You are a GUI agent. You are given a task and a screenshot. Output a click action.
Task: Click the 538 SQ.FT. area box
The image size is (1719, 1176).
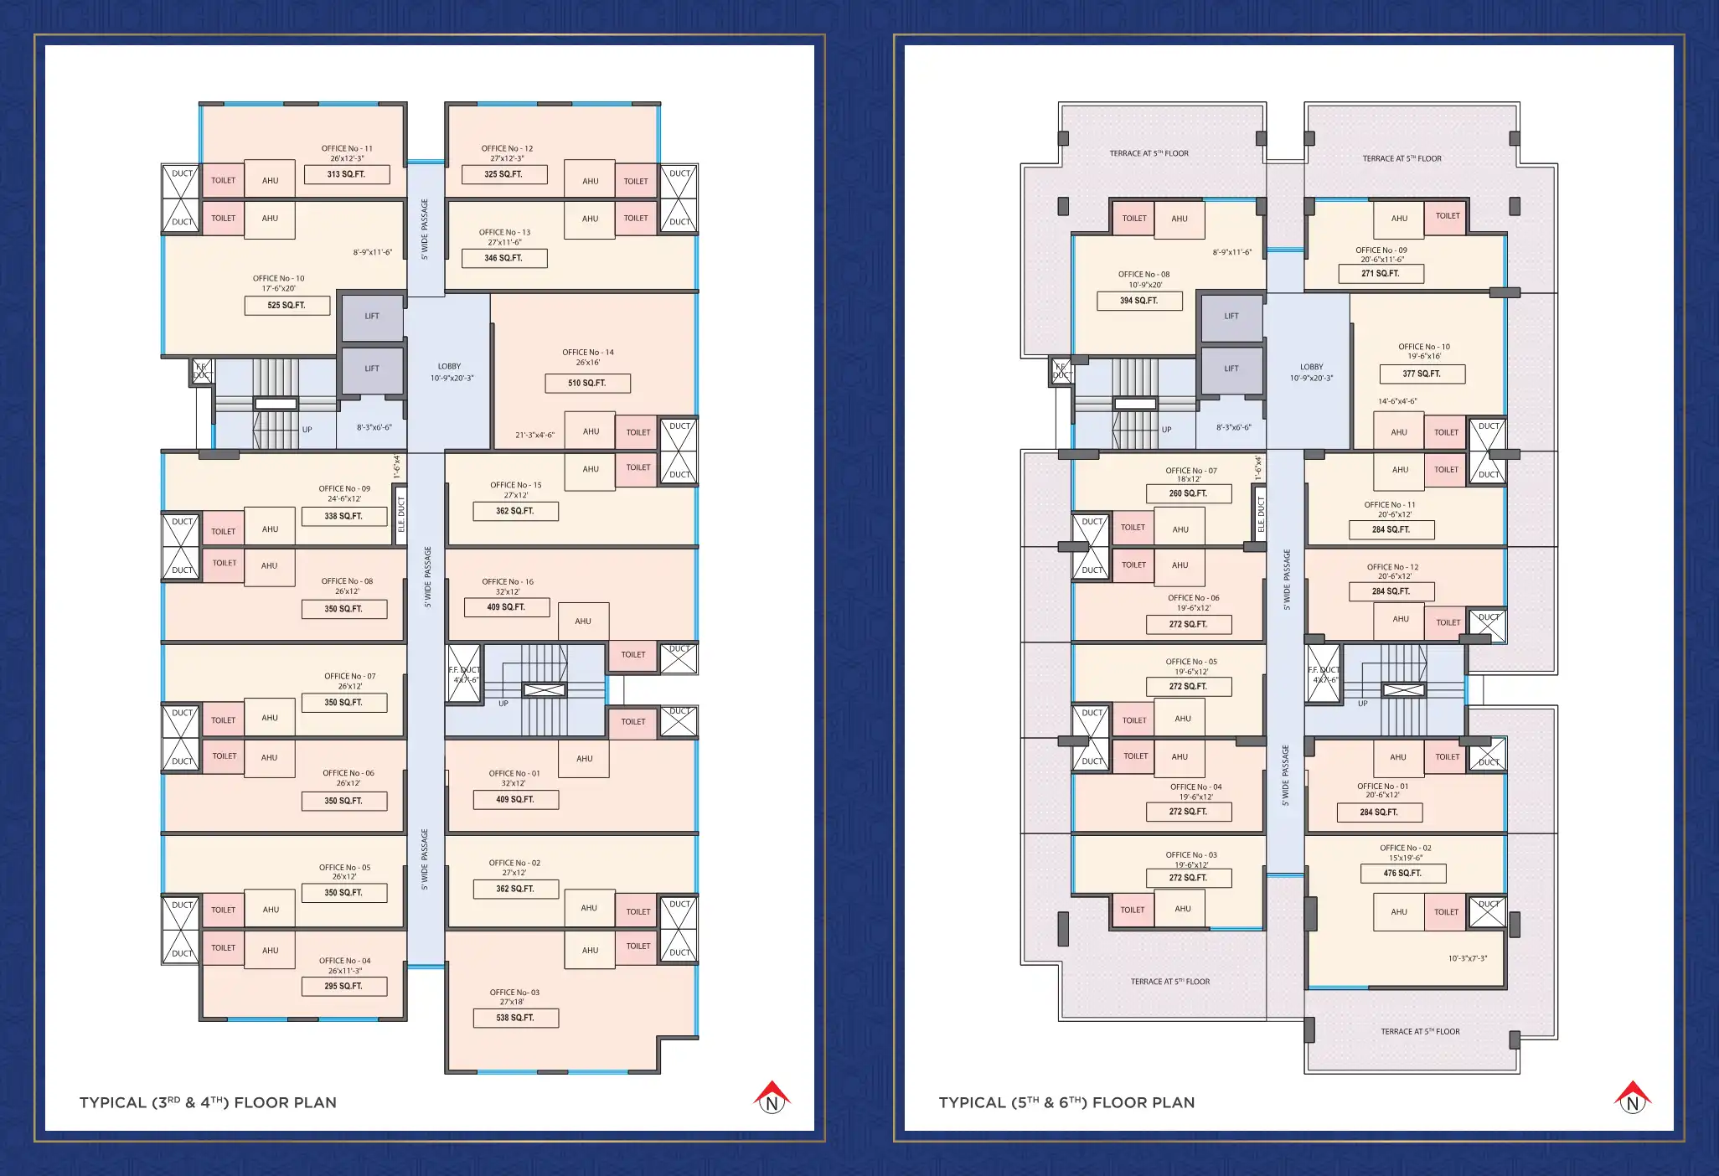(x=515, y=1018)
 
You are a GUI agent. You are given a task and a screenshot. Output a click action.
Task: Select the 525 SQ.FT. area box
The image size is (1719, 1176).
(x=286, y=306)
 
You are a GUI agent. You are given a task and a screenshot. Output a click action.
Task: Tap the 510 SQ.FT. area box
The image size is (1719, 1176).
(x=587, y=383)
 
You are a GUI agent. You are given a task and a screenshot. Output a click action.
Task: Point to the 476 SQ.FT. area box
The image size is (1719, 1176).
(x=1402, y=874)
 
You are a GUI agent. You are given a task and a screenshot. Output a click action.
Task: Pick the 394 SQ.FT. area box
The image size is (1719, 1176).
(x=1139, y=301)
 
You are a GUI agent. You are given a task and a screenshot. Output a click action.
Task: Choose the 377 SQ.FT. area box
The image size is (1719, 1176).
(x=1422, y=374)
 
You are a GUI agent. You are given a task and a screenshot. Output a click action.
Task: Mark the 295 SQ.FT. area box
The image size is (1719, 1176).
(x=344, y=986)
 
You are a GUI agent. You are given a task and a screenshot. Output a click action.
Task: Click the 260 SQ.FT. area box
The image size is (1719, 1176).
(x=1189, y=493)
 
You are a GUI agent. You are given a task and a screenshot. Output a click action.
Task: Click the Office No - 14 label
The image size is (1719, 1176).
(x=588, y=353)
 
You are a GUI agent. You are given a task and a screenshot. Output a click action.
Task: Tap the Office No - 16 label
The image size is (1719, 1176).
(x=508, y=581)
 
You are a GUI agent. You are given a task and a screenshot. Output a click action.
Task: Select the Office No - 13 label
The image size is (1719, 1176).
(x=504, y=232)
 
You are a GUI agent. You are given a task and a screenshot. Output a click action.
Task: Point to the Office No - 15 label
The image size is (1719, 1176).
(x=516, y=485)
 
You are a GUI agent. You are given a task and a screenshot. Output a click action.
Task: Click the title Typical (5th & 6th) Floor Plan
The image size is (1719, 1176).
(x=1067, y=1102)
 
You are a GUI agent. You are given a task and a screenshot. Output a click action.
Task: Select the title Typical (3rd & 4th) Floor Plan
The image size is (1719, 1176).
(x=208, y=1102)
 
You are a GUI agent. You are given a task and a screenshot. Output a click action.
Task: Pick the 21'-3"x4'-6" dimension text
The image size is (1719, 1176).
(x=534, y=436)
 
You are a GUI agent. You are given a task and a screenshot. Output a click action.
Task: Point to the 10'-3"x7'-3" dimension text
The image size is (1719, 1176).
(x=1468, y=958)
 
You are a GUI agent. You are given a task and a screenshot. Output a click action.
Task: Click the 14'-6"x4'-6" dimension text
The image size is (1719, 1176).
(x=1397, y=401)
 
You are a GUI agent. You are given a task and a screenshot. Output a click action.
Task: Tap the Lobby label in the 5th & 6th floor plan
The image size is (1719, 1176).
(x=1312, y=367)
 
